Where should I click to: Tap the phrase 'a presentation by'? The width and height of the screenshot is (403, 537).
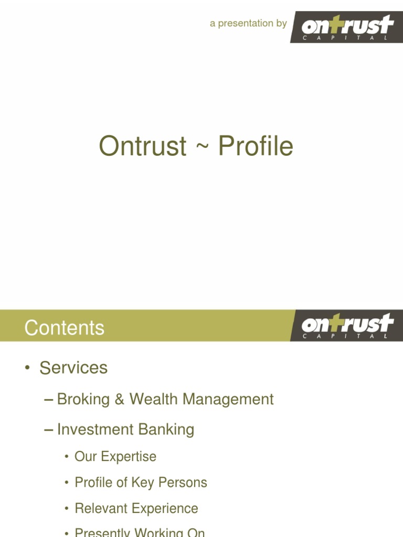point(248,24)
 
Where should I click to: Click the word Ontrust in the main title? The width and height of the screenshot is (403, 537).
point(142,146)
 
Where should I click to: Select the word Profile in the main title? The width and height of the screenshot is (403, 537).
point(256,146)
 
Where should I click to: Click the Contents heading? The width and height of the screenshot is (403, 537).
point(64,328)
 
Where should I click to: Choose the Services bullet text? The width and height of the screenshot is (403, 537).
point(73,368)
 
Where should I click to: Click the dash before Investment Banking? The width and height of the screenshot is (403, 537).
point(49,429)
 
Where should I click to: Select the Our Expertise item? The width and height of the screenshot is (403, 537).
point(115,456)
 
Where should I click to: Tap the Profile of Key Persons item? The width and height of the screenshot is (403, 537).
point(141,482)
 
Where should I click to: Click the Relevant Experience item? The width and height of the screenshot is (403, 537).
point(136,508)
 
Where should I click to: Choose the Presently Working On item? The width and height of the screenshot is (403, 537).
point(140,532)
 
